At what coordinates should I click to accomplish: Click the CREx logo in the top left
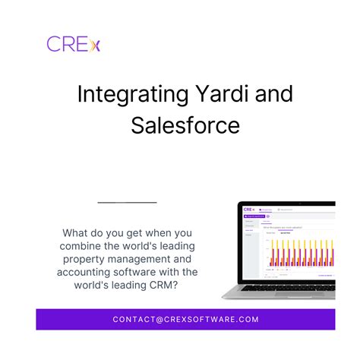[73, 43]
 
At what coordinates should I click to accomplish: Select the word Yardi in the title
[216, 95]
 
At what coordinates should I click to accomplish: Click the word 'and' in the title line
[267, 95]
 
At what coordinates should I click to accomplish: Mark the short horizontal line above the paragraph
[128, 203]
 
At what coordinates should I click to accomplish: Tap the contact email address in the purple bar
[186, 320]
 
